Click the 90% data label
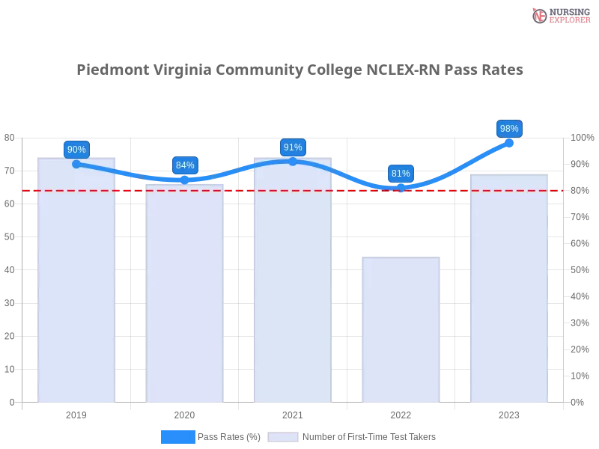pyautogui.click(x=76, y=149)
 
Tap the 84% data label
pyautogui.click(x=185, y=165)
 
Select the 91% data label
pyautogui.click(x=293, y=147)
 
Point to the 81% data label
pyautogui.click(x=401, y=173)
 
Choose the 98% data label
pyautogui.click(x=509, y=128)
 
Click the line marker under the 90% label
pyautogui.click(x=76, y=164)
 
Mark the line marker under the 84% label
pyautogui.click(x=185, y=180)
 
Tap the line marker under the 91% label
pyautogui.click(x=293, y=161)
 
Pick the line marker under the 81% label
pyautogui.click(x=401, y=188)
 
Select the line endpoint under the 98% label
pyautogui.click(x=509, y=143)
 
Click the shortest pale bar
pyautogui.click(x=401, y=329)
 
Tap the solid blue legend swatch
pyautogui.click(x=178, y=436)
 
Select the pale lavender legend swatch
pyautogui.click(x=283, y=436)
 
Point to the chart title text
pyautogui.click(x=299, y=70)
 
